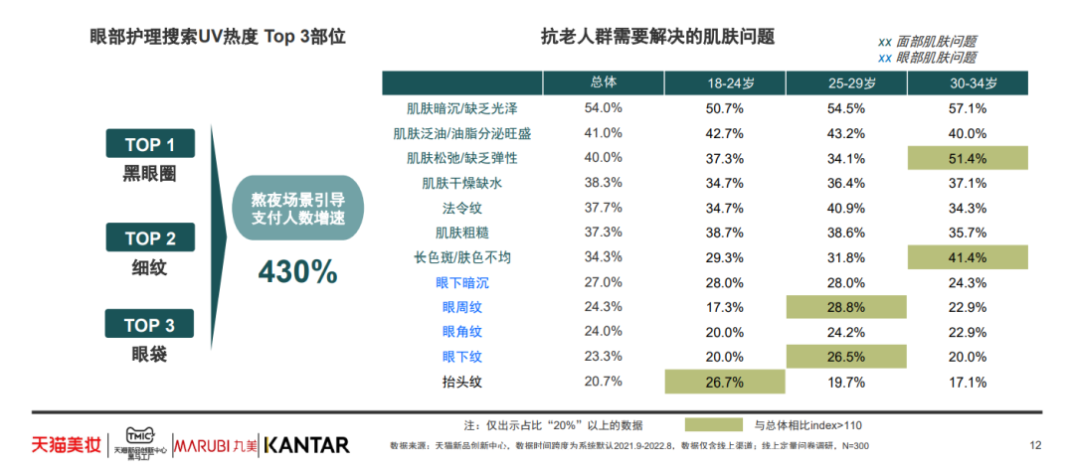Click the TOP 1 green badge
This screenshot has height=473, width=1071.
(150, 144)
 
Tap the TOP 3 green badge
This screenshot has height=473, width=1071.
(150, 325)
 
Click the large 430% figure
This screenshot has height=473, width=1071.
(298, 271)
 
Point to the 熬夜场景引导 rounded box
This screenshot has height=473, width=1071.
(297, 209)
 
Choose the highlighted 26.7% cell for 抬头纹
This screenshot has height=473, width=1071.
(725, 382)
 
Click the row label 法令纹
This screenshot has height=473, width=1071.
(461, 208)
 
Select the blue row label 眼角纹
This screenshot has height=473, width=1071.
(461, 332)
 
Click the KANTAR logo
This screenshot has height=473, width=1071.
(307, 444)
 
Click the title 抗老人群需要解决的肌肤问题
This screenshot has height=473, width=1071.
(657, 37)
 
